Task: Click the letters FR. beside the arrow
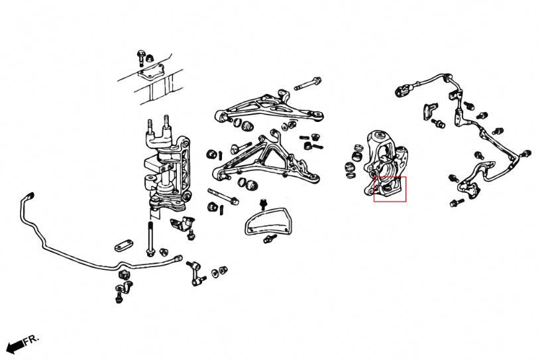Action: tap(31, 340)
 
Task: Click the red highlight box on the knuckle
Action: tap(390, 189)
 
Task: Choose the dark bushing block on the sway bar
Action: tap(123, 274)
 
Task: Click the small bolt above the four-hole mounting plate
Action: tap(140, 55)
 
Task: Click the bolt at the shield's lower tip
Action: tap(270, 238)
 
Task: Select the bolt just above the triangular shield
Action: tap(263, 201)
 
